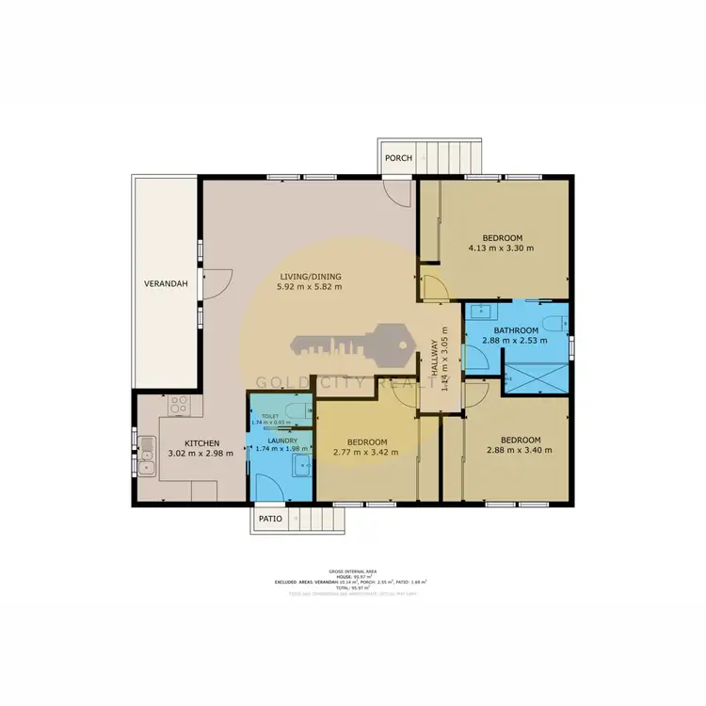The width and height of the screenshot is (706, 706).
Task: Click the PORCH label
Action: coord(398,158)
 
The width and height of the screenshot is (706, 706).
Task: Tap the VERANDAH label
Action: coord(166,284)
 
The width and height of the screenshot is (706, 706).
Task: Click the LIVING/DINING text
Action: coord(310,277)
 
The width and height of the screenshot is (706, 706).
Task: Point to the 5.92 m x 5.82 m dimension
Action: coord(310,287)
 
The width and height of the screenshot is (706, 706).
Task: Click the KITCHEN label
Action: coord(201,443)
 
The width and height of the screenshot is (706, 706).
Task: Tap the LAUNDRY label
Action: coord(282,441)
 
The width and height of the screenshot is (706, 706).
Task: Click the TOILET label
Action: coord(270,415)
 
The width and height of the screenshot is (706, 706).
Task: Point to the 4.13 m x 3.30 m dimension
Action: coord(501,249)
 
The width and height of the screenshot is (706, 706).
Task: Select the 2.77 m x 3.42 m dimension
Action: coord(366,453)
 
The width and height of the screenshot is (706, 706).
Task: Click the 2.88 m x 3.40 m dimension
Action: coord(520,450)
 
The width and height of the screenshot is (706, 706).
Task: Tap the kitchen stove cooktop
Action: coord(180,406)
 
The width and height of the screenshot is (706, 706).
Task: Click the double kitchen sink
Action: coord(148,457)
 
